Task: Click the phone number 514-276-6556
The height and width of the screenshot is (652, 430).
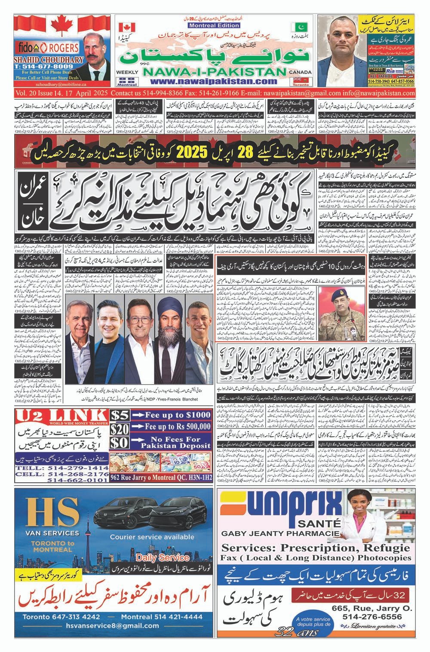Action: (372, 617)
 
